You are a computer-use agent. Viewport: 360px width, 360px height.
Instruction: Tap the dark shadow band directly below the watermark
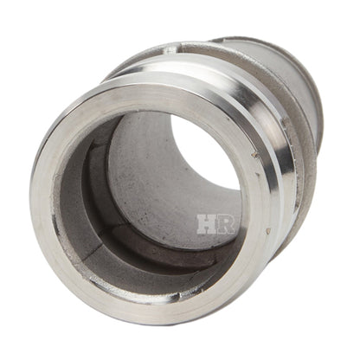(203, 251)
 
